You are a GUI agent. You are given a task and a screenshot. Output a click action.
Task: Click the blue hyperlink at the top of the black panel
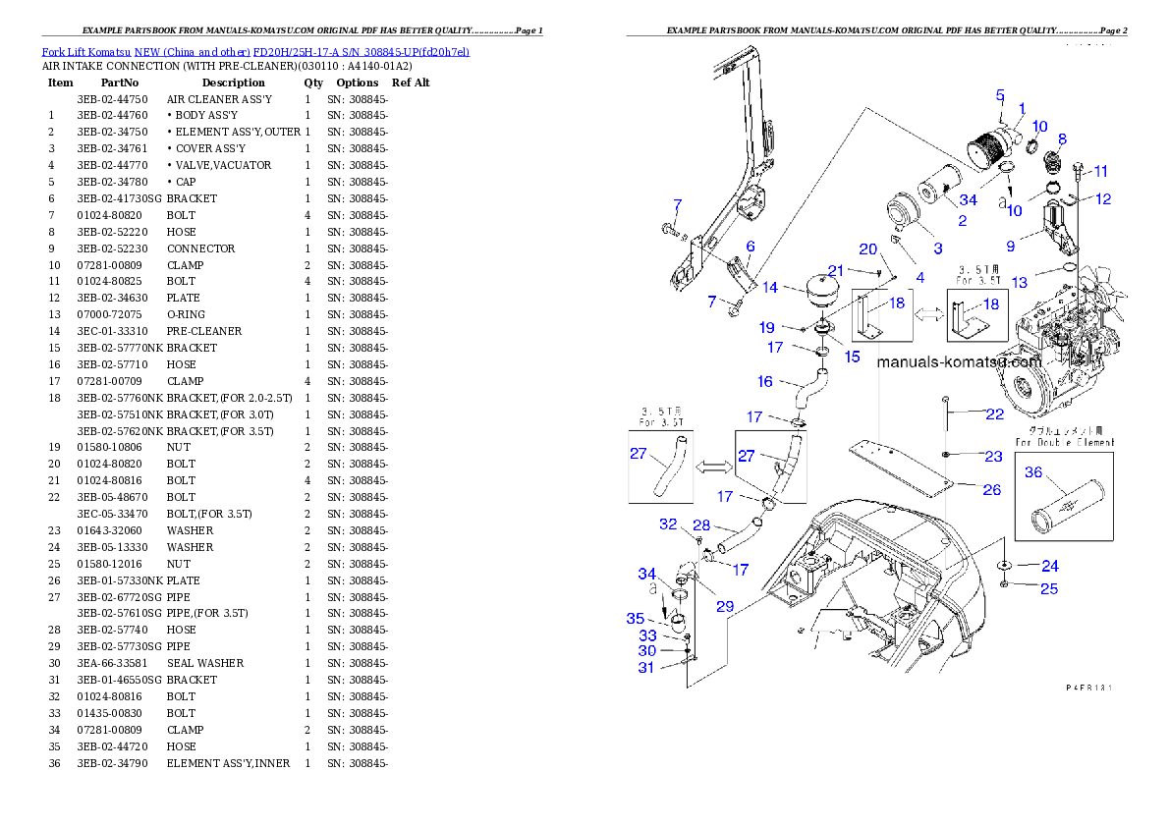[255, 51]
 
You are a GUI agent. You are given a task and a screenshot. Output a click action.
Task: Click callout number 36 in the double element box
[1033, 472]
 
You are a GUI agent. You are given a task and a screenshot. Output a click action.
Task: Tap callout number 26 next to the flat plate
[991, 489]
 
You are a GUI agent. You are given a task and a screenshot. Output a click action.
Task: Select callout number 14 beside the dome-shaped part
[770, 288]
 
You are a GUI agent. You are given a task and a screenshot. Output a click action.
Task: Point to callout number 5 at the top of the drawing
[1000, 95]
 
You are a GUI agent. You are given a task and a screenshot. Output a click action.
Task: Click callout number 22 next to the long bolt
[995, 414]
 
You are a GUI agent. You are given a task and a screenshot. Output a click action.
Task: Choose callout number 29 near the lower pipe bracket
[725, 606]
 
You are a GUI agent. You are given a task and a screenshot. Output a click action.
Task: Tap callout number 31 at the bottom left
[646, 668]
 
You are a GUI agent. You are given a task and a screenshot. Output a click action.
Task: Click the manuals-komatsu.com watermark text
[958, 361]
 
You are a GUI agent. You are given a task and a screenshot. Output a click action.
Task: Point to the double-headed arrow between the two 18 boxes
[929, 315]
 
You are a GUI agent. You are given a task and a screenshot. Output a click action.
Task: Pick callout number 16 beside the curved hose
[764, 382]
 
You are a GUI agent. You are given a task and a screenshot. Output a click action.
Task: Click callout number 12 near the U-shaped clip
[1103, 199]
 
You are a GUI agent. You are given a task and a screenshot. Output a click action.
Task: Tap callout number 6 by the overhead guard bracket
[750, 247]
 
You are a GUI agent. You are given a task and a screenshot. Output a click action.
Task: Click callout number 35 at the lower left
[636, 619]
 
